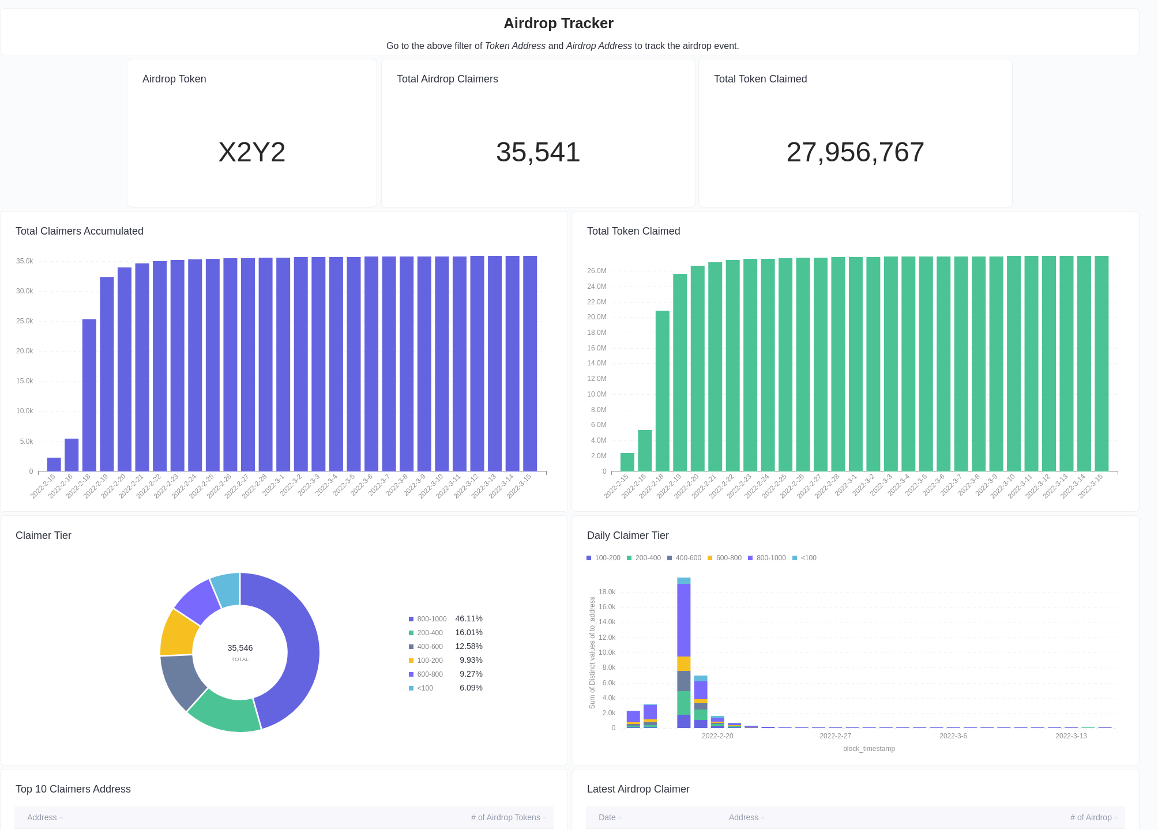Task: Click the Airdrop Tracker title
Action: pos(558,23)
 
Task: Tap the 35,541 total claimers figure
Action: pos(537,152)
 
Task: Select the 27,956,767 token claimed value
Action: pos(855,152)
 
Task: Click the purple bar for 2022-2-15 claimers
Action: pos(54,465)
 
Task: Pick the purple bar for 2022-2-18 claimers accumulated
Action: pos(89,395)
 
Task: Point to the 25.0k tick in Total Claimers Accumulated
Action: pos(24,321)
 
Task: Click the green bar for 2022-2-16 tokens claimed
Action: pos(645,450)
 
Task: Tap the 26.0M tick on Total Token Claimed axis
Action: pos(597,271)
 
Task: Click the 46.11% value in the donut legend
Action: pos(468,618)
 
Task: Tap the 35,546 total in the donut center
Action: pos(240,648)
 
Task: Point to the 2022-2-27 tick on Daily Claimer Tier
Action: pos(835,736)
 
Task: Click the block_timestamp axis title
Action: pos(869,749)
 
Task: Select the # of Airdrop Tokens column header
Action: pos(505,817)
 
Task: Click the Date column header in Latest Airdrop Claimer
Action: pos(607,817)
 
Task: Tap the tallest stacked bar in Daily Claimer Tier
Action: pos(683,651)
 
